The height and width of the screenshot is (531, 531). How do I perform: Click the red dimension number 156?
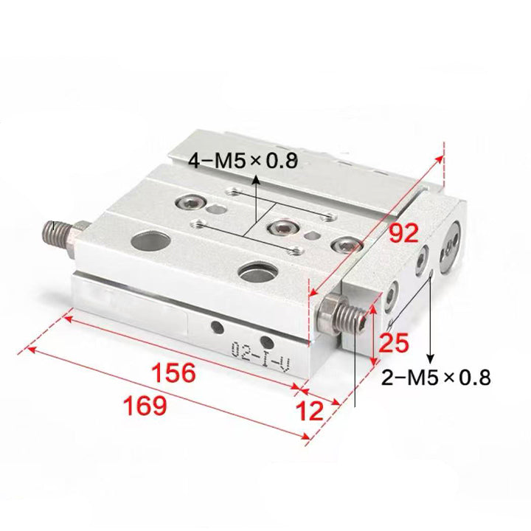(174, 372)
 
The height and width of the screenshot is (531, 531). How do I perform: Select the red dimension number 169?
(145, 406)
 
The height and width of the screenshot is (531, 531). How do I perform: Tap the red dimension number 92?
(403, 233)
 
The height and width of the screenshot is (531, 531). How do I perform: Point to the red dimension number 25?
(394, 343)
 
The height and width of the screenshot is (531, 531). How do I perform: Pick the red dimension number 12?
(310, 411)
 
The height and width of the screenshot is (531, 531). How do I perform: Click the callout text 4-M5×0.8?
(243, 161)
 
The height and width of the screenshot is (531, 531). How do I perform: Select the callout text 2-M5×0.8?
(436, 378)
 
